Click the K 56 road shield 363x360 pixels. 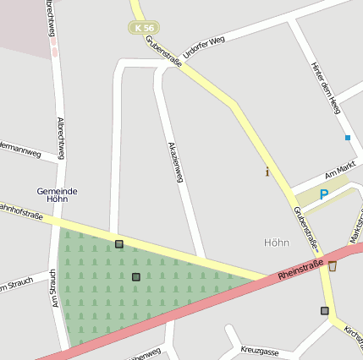coord(143,28)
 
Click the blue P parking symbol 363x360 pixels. coord(323,194)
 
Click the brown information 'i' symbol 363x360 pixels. coord(267,172)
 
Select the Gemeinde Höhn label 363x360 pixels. coord(58,195)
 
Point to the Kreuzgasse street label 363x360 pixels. coord(259,349)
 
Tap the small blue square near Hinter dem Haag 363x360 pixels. coord(347,137)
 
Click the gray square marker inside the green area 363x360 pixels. coord(135,276)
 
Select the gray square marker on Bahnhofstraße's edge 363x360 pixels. coord(119,244)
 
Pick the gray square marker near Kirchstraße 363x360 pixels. coord(325,311)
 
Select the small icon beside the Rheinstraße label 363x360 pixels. coord(332,266)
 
